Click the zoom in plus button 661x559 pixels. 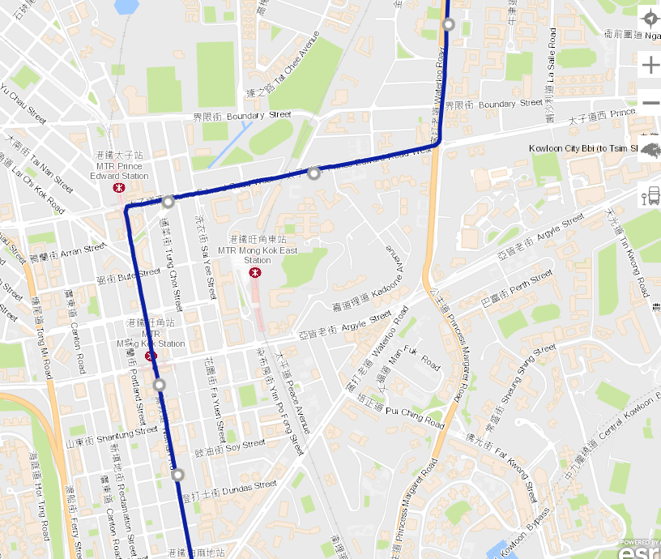[650, 65]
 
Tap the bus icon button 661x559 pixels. [650, 196]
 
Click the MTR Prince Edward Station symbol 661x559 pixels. [119, 186]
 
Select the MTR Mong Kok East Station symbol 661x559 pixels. [255, 273]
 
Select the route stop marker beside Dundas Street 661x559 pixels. [178, 475]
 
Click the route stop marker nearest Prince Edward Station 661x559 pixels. [168, 202]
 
